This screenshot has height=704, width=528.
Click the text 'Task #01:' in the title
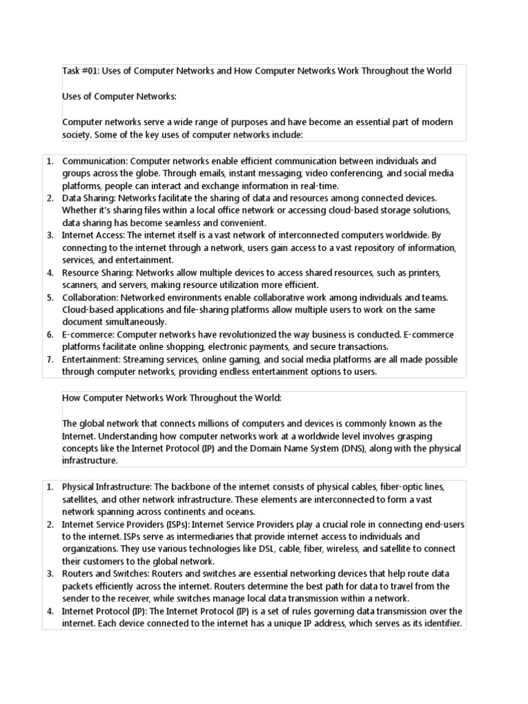tap(81, 71)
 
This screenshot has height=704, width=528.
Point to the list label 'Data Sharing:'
tap(89, 198)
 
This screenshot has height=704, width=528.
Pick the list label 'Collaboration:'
tap(91, 298)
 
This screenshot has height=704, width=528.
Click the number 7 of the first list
tap(50, 360)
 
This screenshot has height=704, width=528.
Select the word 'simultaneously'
tap(135, 322)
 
